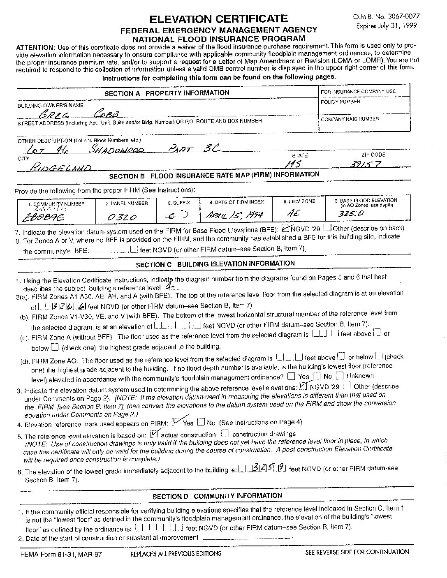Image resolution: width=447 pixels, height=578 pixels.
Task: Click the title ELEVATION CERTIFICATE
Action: tap(218, 19)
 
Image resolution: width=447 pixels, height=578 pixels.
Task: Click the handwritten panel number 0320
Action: tap(122, 217)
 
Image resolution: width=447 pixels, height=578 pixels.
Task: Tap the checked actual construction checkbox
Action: tap(155, 433)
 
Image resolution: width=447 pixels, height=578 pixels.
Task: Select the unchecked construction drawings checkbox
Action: tap(225, 433)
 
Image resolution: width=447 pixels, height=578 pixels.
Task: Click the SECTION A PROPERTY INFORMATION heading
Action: tap(167, 93)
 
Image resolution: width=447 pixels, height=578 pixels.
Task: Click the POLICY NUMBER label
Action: tap(340, 102)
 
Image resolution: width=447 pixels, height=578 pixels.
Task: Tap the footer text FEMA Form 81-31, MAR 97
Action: tap(61, 554)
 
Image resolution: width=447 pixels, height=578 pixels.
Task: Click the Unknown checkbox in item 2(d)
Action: tap(339, 376)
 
